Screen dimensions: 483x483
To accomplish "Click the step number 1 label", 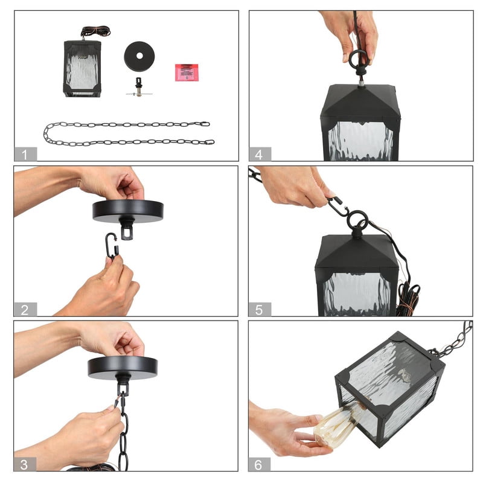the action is coord(25,154).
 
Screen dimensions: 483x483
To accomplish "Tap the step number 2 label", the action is coord(25,309).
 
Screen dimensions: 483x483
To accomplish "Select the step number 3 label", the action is coord(25,464).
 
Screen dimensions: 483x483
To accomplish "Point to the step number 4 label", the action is coord(260,154).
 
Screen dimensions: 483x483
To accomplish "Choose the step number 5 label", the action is coord(260,309).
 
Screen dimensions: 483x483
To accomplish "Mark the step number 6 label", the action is coord(260,464).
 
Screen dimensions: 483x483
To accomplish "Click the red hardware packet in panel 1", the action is coord(187,72).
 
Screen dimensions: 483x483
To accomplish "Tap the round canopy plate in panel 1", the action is coord(139,56).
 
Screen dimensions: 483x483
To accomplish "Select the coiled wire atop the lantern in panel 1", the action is coord(95,31).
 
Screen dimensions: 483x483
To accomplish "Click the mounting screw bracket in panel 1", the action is coord(139,88).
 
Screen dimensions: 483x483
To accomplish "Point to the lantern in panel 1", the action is coord(82,68).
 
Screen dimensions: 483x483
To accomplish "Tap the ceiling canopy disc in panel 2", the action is coord(128,211).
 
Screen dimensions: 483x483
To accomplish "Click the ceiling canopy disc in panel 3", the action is coord(123,367).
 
